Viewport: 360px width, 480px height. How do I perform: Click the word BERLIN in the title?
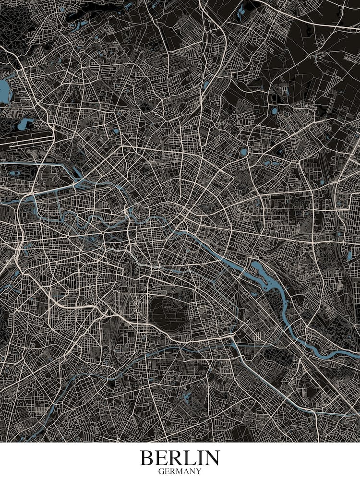tap(180, 458)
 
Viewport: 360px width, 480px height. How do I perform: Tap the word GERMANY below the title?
tap(180, 471)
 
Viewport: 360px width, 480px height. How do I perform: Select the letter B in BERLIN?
tap(146, 458)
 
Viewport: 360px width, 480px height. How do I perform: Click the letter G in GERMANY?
tap(161, 471)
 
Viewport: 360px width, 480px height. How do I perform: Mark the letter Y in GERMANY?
tap(199, 471)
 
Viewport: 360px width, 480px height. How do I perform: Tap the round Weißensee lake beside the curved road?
tap(244, 152)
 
